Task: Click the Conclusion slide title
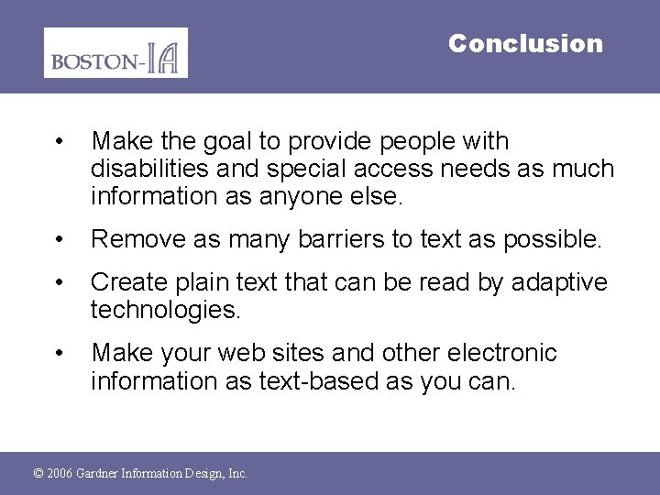pyautogui.click(x=525, y=43)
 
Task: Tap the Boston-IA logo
pyautogui.click(x=115, y=53)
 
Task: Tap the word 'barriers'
pyautogui.click(x=332, y=240)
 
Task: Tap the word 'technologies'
pyautogui.click(x=165, y=310)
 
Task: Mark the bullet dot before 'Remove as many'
pyautogui.click(x=59, y=240)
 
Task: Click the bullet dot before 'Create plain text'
pyautogui.click(x=59, y=282)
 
